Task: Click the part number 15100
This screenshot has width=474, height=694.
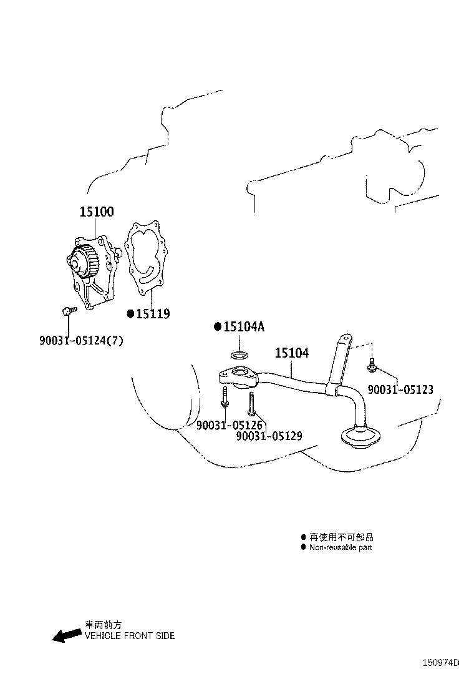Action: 97,212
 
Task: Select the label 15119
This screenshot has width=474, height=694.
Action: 153,314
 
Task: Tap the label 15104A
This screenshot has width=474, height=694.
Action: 244,326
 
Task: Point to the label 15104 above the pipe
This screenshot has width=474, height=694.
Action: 292,353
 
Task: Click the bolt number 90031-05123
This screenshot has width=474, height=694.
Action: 400,389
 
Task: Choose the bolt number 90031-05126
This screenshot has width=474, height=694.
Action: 230,426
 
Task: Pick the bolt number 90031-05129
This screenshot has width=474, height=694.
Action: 269,436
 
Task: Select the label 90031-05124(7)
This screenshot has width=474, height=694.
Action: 81,340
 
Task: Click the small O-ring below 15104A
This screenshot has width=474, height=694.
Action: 239,355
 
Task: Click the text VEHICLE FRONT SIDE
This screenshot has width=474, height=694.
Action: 130,636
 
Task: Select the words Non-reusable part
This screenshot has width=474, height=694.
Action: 341,547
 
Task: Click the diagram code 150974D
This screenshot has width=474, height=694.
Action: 441,663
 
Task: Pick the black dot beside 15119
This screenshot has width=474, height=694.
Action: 130,314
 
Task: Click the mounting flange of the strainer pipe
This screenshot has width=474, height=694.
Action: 238,378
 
